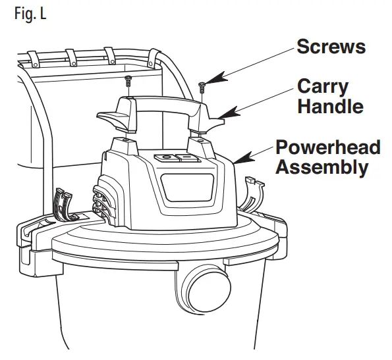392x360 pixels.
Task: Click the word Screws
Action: [331, 47]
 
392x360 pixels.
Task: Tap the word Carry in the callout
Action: [322, 86]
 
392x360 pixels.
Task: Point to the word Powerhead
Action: [327, 147]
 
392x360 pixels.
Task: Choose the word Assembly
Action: [322, 167]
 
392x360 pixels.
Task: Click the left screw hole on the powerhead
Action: [125, 140]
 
